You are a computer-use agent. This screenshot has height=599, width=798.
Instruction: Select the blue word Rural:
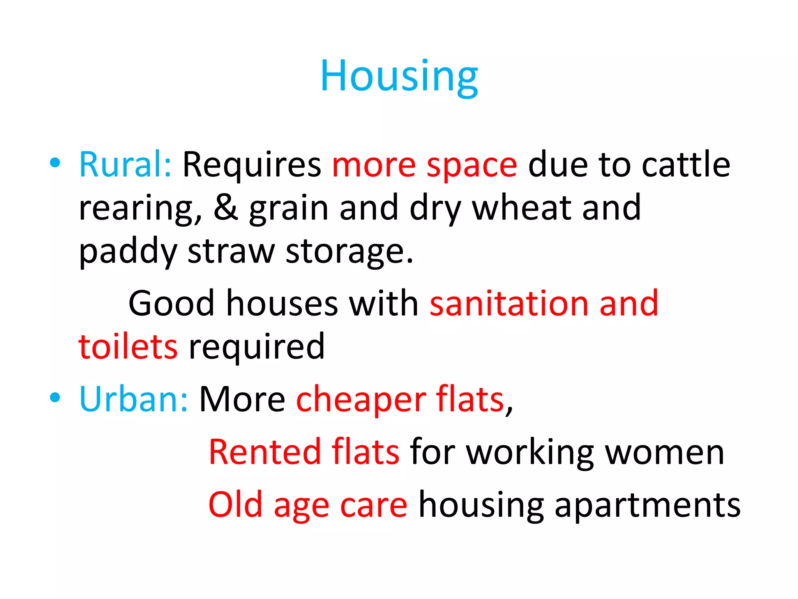tap(125, 165)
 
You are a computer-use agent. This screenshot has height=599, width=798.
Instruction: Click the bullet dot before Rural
tap(55, 163)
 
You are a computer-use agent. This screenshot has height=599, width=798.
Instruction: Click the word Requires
tap(252, 165)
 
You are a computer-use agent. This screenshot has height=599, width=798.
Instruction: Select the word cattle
tap(686, 165)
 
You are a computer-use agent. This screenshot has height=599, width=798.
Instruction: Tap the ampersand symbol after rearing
tap(226, 207)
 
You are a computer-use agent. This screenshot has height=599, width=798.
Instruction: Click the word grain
tap(289, 209)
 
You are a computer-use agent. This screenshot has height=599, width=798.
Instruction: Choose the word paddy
tap(128, 252)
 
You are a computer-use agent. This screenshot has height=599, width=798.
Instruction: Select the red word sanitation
tap(509, 303)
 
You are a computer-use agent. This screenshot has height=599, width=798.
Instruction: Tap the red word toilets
tap(128, 346)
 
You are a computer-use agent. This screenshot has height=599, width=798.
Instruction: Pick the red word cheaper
tap(361, 400)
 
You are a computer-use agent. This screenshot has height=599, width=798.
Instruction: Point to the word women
tap(664, 452)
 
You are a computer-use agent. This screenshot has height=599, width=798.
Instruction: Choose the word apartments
tap(647, 505)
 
